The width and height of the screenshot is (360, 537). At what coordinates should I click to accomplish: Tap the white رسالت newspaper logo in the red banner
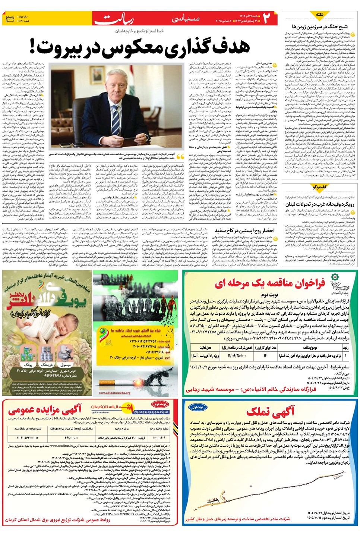tap(114, 19)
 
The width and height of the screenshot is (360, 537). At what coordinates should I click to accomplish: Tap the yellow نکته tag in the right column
tap(319, 14)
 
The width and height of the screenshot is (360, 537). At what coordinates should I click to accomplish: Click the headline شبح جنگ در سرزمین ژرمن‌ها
tap(320, 26)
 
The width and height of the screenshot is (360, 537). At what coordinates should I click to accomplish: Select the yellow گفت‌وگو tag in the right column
tap(319, 186)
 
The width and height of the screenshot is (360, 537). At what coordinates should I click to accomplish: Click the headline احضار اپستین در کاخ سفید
tap(244, 230)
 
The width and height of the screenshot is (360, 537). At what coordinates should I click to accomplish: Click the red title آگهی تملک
tap(270, 411)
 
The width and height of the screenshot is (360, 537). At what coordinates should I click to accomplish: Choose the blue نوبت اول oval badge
tap(197, 407)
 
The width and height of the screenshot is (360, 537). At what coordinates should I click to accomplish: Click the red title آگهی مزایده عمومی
tap(45, 410)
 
